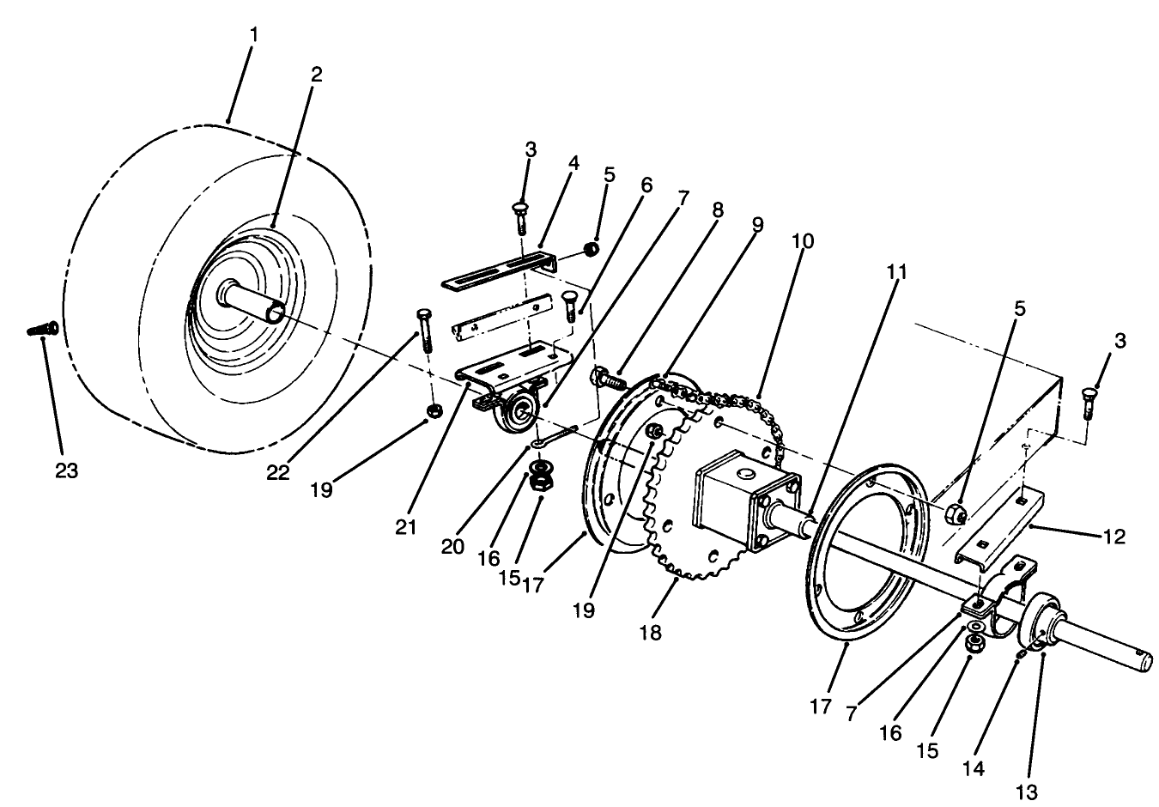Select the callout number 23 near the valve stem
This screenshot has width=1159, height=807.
pyautogui.click(x=65, y=470)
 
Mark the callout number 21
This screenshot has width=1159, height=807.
pyautogui.click(x=407, y=526)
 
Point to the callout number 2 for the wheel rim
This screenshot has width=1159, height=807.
pyautogui.click(x=317, y=74)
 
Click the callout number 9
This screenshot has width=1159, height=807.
pyautogui.click(x=756, y=225)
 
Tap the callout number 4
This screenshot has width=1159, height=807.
pyautogui.click(x=573, y=164)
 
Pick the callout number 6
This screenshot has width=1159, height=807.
pyautogui.click(x=646, y=185)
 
